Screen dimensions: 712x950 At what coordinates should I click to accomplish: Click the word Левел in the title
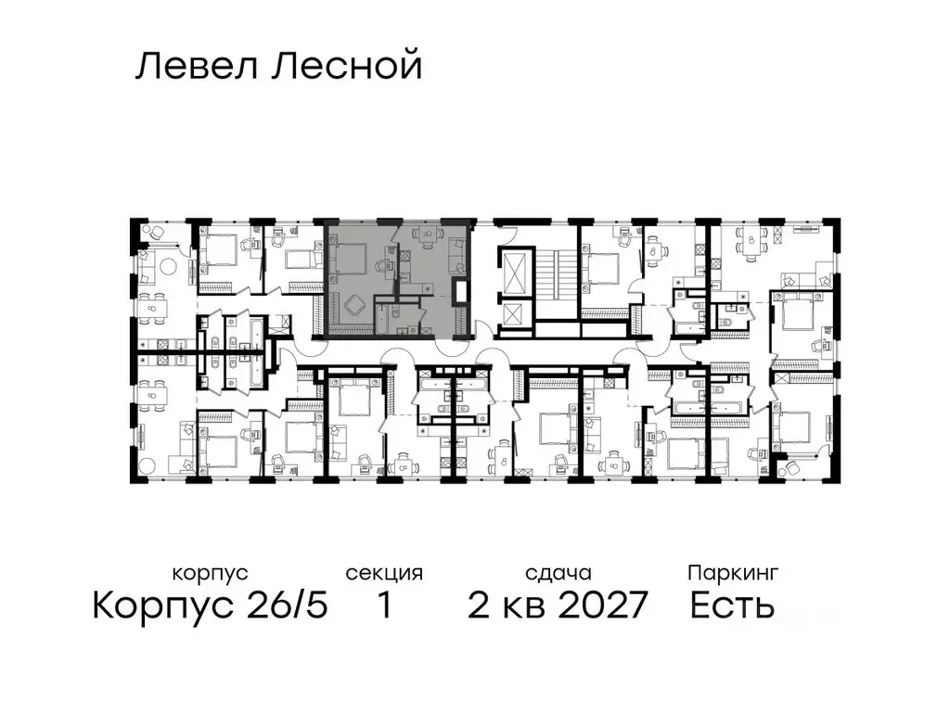coord(192,67)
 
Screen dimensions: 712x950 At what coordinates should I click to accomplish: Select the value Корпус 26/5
coord(210,606)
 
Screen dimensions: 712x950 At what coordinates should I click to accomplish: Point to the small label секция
coord(384,573)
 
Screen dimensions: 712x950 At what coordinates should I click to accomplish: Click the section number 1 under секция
coord(383,606)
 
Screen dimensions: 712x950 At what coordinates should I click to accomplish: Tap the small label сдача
coord(556,573)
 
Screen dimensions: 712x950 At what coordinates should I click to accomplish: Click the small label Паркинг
coord(732,573)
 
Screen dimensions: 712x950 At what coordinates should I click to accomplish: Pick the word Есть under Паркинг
coord(732,606)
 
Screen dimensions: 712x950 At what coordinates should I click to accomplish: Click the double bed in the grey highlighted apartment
coord(351,258)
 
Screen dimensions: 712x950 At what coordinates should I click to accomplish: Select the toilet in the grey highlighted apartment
coord(397,319)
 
